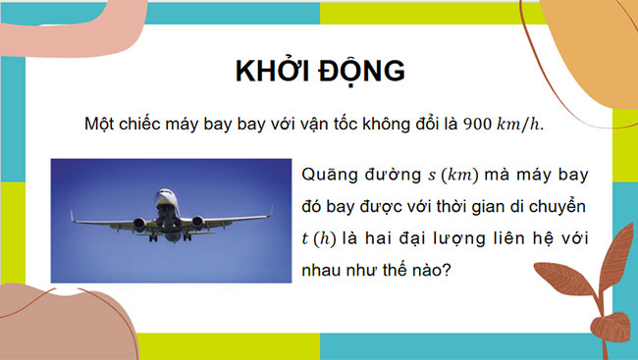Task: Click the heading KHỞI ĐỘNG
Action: pos(320,73)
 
